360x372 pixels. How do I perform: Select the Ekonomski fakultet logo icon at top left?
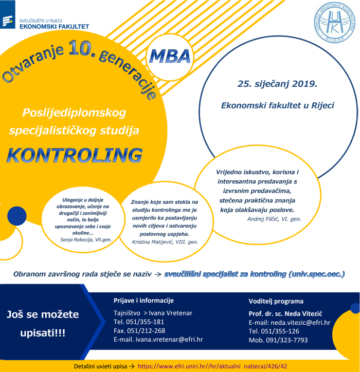tap(9, 21)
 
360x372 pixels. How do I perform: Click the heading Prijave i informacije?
tap(143, 301)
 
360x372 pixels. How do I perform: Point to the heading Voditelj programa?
tap(276, 301)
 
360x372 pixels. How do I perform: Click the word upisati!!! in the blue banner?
tap(43, 333)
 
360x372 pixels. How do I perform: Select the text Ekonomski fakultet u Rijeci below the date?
tap(277, 105)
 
